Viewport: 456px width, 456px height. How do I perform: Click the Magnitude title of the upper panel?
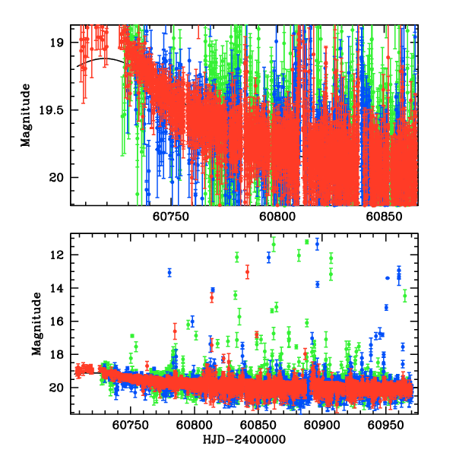click(x=26, y=115)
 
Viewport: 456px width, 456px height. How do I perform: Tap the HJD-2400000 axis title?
click(x=242, y=439)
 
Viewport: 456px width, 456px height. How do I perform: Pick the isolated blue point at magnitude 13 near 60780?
click(x=169, y=272)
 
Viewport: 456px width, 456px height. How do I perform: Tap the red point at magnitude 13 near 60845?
click(x=248, y=271)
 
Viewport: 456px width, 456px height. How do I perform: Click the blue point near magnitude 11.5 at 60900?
click(x=318, y=243)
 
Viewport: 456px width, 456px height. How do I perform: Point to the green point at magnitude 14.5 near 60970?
click(x=405, y=294)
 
